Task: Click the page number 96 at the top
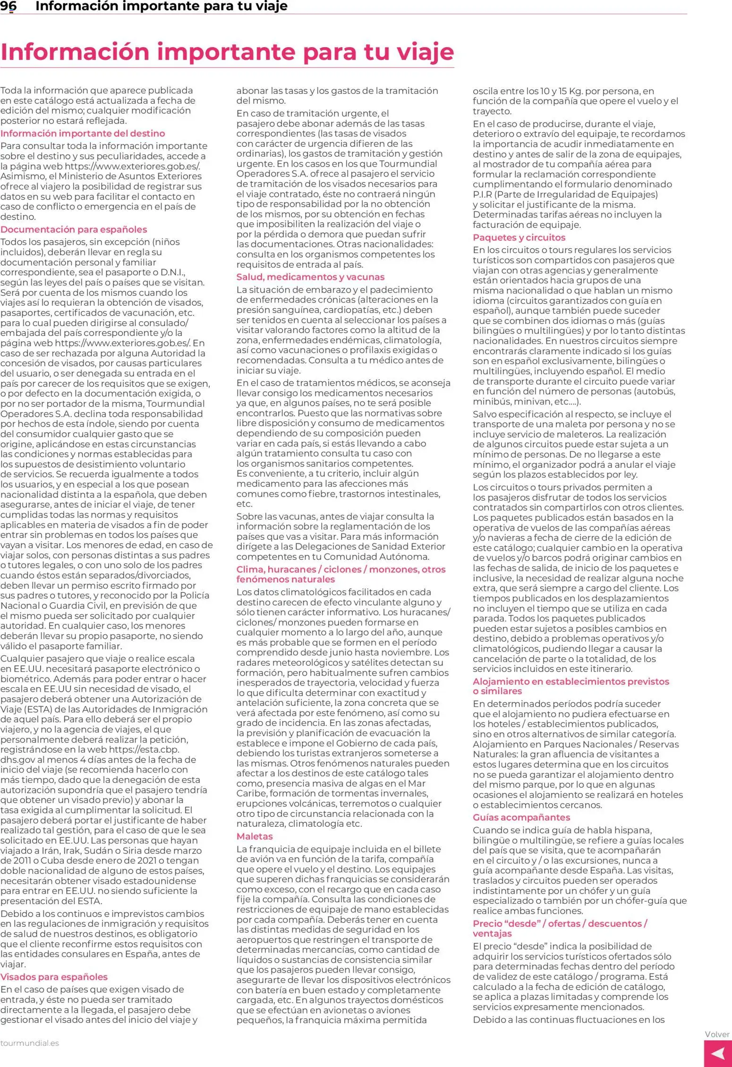(9, 6)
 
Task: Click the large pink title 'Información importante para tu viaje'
(227, 52)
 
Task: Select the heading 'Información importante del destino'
(83, 134)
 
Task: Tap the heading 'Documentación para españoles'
(74, 229)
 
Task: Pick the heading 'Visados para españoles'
(54, 977)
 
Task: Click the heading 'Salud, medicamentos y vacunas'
(310, 277)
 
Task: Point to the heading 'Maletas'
(255, 836)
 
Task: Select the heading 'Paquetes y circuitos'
(519, 237)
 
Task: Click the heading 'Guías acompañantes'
(521, 817)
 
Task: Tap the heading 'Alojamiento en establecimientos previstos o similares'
(570, 686)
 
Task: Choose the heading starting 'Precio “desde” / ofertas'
(560, 928)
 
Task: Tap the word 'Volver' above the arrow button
(717, 1034)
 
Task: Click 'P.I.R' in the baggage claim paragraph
(482, 194)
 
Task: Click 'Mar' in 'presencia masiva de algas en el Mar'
(417, 783)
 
